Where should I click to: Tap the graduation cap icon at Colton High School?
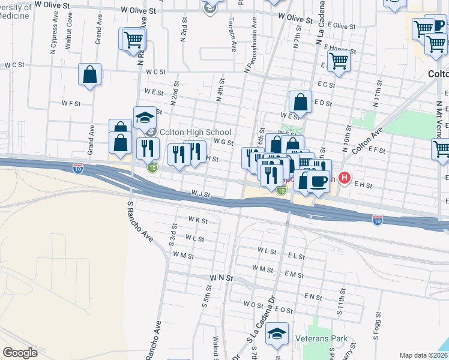[145, 118]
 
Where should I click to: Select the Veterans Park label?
[321, 338]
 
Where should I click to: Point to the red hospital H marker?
[345, 178]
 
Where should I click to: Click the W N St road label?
[221, 279]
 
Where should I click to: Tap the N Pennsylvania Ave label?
[251, 45]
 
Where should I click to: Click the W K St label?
[197, 221]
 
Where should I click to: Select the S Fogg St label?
[379, 325]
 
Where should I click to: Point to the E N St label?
[313, 296]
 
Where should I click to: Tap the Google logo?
[20, 352]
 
